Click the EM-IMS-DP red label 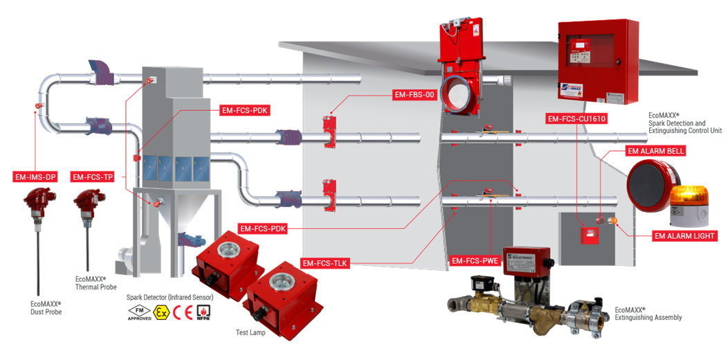pyautogui.click(x=35, y=177)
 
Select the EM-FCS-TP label pyautogui.click(x=93, y=177)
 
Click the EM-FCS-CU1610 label pyautogui.click(x=576, y=119)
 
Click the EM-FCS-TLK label pyautogui.click(x=324, y=263)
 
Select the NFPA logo pyautogui.click(x=203, y=312)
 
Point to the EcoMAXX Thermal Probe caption pyautogui.click(x=95, y=282)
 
